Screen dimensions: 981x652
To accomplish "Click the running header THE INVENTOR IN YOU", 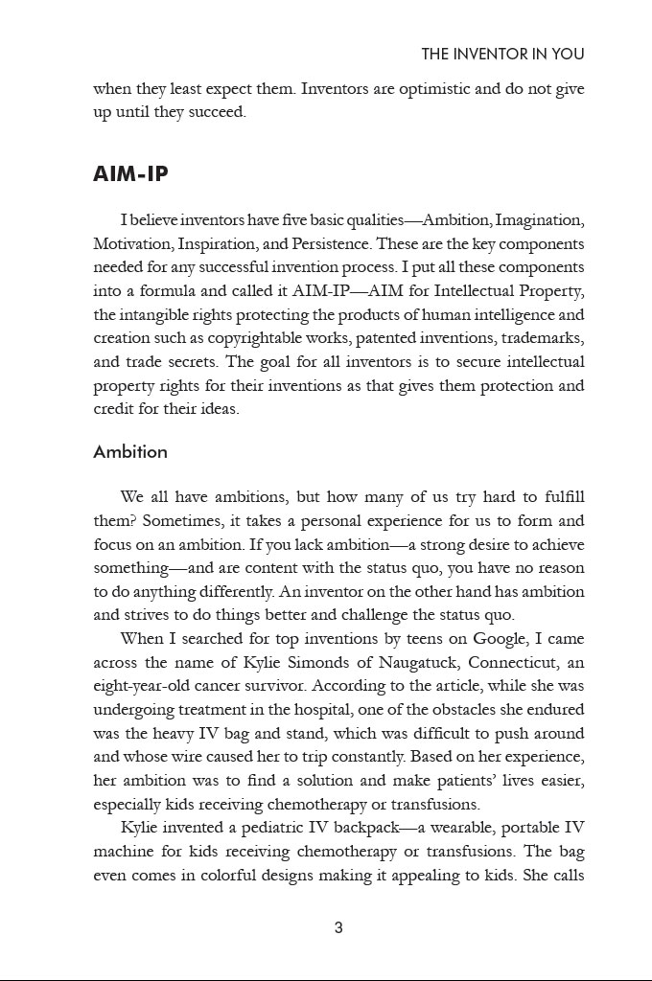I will [x=502, y=55].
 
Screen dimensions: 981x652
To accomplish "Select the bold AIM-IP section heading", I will [x=131, y=174].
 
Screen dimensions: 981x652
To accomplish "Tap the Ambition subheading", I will [x=130, y=452].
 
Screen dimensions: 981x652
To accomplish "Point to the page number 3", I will [x=338, y=927].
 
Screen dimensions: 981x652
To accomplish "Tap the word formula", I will [x=162, y=291].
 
